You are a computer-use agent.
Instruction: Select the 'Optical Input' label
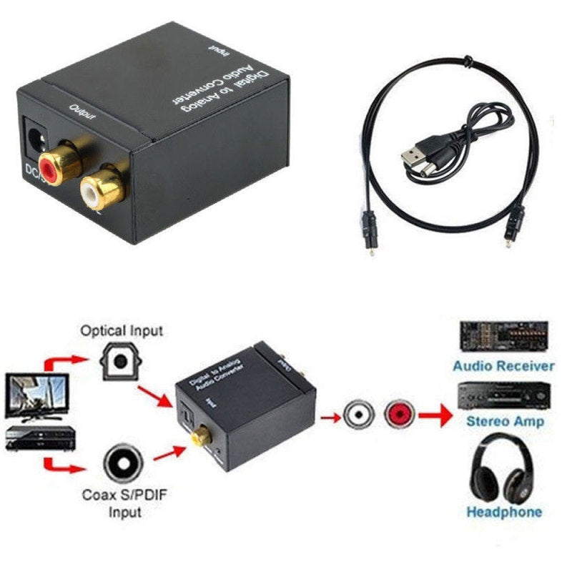tap(122, 331)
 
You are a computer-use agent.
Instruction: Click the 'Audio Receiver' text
tap(503, 366)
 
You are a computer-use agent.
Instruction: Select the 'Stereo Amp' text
tap(505, 421)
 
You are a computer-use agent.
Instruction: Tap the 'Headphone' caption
tap(504, 512)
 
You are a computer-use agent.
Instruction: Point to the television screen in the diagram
tap(37, 396)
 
